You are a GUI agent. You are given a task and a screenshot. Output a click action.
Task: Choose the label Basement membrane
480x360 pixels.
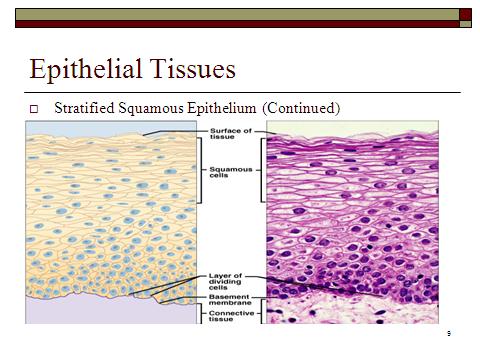(x=231, y=301)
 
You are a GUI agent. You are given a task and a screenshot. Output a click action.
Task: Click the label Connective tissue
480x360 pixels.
(x=231, y=317)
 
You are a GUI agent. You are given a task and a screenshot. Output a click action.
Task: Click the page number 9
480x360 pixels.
(x=449, y=333)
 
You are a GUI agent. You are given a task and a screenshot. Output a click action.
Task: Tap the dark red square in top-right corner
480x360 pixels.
(x=465, y=13)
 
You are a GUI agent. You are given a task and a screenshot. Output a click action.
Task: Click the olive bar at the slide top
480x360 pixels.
(x=230, y=11)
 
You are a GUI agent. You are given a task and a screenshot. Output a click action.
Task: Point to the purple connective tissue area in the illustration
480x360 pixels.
(x=80, y=312)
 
